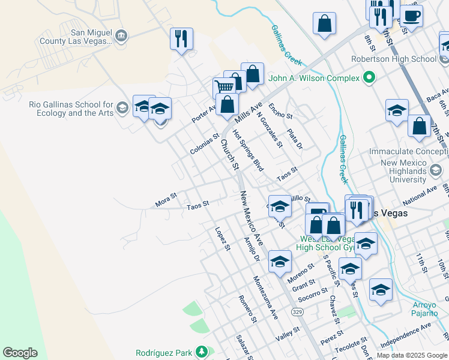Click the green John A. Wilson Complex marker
(369, 78)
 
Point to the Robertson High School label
(394, 59)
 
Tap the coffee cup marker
(412, 16)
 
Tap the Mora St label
(166, 200)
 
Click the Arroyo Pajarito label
(424, 309)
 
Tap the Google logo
(20, 353)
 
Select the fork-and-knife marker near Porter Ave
(181, 39)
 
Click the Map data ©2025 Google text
(412, 355)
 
